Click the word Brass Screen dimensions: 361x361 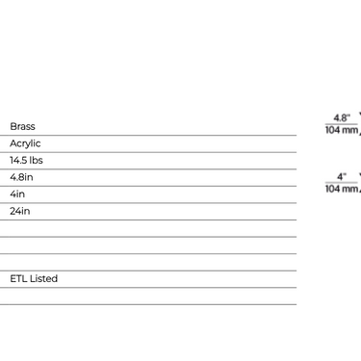pos(22,126)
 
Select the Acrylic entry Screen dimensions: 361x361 pos(25,143)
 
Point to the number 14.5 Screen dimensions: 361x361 pos(17,160)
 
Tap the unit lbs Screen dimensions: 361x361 pos(36,160)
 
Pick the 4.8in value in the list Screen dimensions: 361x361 pos(21,177)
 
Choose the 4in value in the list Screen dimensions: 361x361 pos(17,194)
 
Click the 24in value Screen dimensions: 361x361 pos(20,211)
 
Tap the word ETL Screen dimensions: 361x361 pos(18,278)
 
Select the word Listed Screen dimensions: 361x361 pos(43,278)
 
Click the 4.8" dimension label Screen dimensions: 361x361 pos(342,117)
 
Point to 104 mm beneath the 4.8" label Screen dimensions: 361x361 pos(342,130)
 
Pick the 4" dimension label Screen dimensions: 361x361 pos(342,177)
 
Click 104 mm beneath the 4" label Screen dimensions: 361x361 pos(342,189)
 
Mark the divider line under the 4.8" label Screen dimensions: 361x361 pos(342,124)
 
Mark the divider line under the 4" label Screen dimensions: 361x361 pos(342,183)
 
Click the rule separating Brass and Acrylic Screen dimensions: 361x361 pos(148,136)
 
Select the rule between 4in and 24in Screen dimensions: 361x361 pos(148,203)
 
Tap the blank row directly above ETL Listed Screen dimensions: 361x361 pos(148,262)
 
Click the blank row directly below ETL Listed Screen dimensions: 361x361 pos(148,296)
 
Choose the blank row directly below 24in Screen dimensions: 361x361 pos(148,228)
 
